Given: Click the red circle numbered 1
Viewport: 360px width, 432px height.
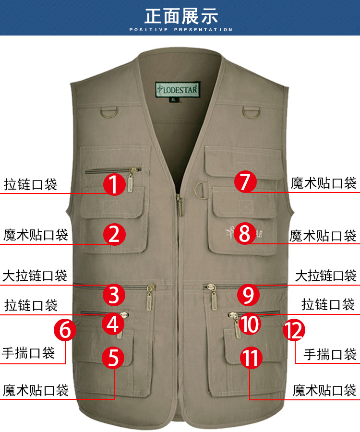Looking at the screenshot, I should [x=114, y=184].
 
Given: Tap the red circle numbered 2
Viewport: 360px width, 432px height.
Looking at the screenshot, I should [x=114, y=234].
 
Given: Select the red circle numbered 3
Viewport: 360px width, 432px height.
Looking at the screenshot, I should [x=114, y=294].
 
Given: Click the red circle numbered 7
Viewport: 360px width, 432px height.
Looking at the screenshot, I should [x=246, y=181].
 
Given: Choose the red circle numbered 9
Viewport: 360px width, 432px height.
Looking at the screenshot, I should [x=248, y=295].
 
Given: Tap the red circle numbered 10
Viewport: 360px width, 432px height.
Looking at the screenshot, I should [x=250, y=324].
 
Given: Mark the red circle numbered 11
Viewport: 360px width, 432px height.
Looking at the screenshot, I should [x=251, y=359].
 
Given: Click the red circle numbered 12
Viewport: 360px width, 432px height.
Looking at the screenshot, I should [x=294, y=330].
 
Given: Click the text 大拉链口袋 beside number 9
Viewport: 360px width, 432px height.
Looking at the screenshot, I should [x=325, y=276].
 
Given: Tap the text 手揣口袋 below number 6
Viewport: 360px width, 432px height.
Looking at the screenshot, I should [x=28, y=353].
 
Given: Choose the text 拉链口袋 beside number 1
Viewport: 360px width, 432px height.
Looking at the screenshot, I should [x=31, y=184].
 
